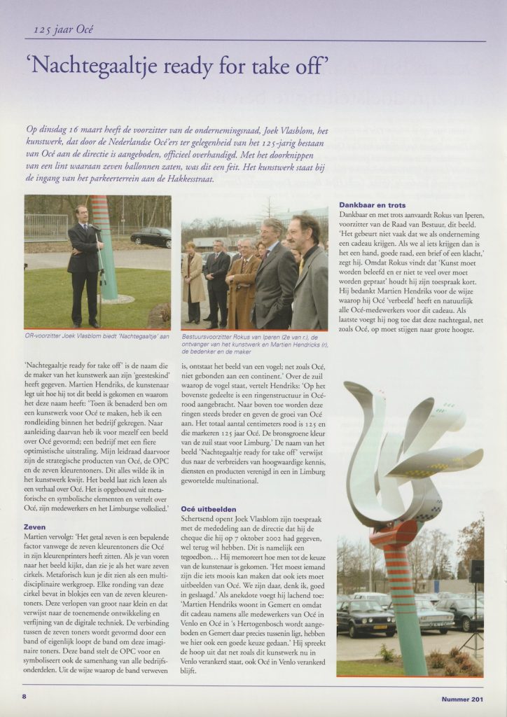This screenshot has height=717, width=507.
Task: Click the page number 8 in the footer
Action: tap(24, 697)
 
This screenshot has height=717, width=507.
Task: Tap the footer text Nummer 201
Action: tap(462, 698)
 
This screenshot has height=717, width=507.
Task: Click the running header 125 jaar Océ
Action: tap(64, 29)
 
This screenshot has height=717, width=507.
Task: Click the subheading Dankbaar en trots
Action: tap(372, 205)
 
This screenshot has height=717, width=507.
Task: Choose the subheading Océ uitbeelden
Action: tap(209, 508)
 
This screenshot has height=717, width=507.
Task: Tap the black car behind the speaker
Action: tap(150, 237)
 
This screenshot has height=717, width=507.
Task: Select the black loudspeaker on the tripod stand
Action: tap(476, 571)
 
